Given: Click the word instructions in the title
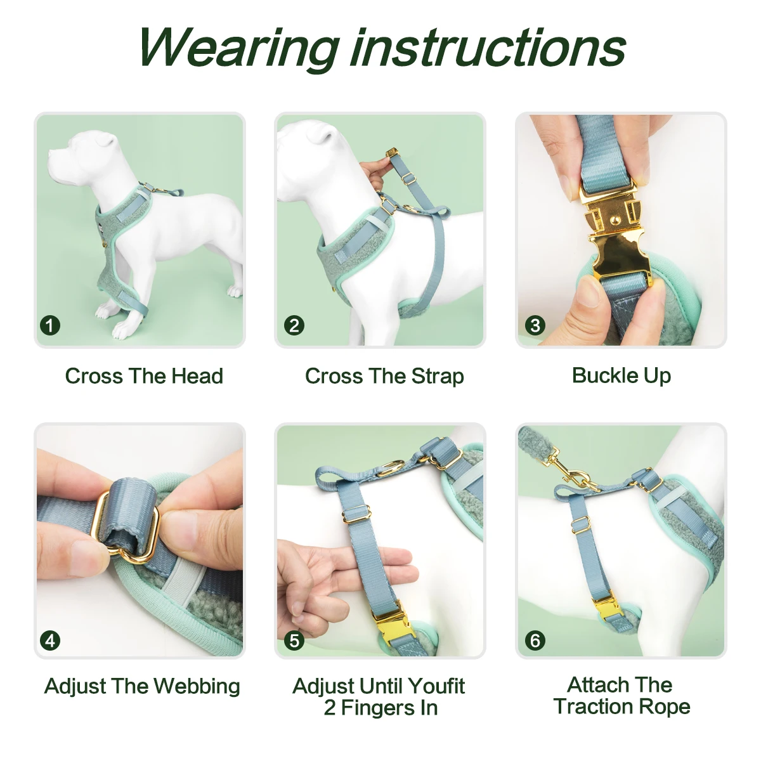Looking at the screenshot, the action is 488,48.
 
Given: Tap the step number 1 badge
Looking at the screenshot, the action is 50,326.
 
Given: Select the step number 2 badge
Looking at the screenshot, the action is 294,326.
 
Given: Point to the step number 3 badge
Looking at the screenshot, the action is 535,326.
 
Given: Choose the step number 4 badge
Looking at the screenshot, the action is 50,641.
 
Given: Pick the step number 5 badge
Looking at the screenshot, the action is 294,641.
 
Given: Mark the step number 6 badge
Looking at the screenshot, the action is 535,641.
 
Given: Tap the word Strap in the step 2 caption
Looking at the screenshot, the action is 438,376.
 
